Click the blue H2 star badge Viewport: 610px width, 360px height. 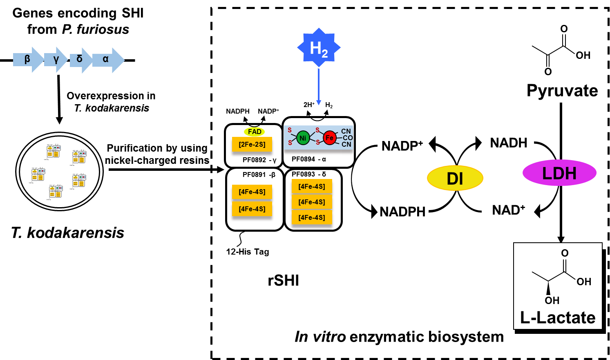[319, 47]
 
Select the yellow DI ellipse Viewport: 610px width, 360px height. [455, 178]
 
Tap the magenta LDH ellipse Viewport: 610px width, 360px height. [559, 173]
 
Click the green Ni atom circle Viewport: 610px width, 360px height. [303, 138]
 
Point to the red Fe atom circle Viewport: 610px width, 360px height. [329, 138]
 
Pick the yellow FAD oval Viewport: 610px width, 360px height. [254, 132]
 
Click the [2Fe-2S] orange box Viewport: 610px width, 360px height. [252, 144]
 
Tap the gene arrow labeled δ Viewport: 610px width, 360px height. [80, 60]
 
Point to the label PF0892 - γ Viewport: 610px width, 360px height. [259, 160]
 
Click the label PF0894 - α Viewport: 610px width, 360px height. [309, 159]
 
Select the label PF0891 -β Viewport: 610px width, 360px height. [259, 174]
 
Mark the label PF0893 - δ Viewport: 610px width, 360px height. [309, 174]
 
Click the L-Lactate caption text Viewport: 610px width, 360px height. [558, 318]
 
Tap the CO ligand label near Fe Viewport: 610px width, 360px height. [348, 138]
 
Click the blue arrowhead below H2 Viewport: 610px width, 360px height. [319, 103]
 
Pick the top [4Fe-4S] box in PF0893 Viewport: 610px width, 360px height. [312, 186]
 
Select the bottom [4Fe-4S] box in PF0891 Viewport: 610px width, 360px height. [252, 209]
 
